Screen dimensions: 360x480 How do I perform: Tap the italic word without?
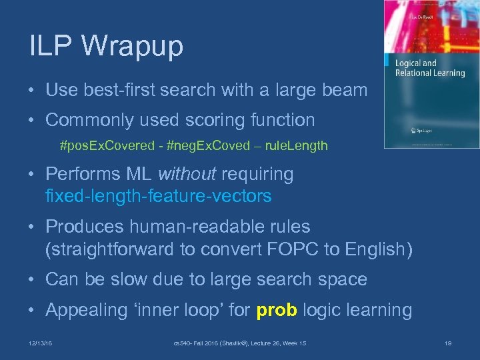(x=187, y=174)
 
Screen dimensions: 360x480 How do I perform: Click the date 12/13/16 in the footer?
(x=41, y=342)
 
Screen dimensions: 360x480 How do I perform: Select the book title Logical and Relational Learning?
(x=429, y=68)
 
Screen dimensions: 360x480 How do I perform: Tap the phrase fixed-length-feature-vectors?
(x=158, y=196)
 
